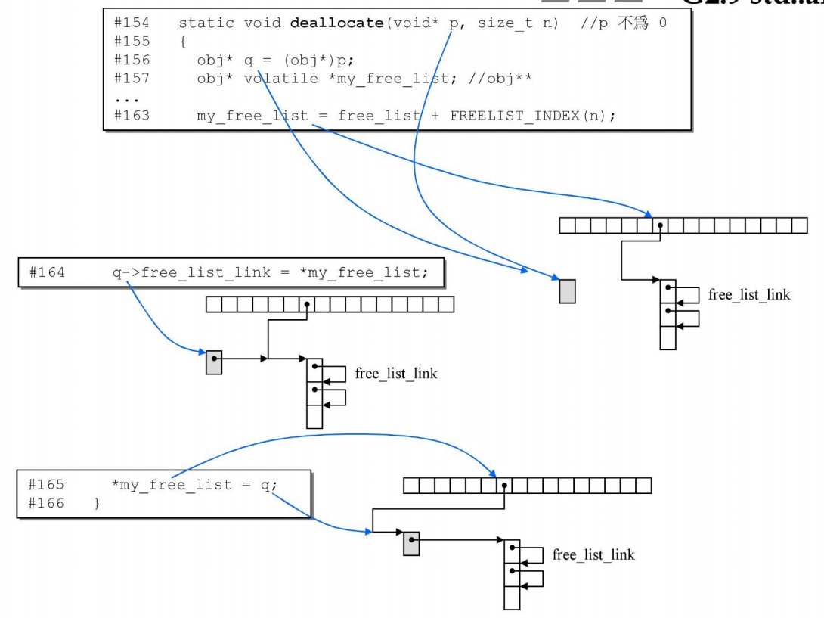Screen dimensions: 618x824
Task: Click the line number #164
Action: pyautogui.click(x=46, y=272)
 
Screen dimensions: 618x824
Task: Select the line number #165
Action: pyautogui.click(x=46, y=485)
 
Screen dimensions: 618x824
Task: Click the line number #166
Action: pyautogui.click(x=46, y=502)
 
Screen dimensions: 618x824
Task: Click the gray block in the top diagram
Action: pyautogui.click(x=567, y=291)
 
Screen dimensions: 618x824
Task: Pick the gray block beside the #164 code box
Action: pyautogui.click(x=214, y=362)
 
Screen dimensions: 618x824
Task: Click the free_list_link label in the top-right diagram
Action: pyautogui.click(x=748, y=295)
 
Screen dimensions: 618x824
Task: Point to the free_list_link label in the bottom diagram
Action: pyautogui.click(x=593, y=555)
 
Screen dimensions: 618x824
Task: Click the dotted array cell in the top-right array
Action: pyautogui.click(x=660, y=225)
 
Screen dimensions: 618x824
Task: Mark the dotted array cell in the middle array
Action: pyautogui.click(x=306, y=305)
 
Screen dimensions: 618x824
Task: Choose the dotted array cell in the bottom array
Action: pyautogui.click(x=503, y=485)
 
